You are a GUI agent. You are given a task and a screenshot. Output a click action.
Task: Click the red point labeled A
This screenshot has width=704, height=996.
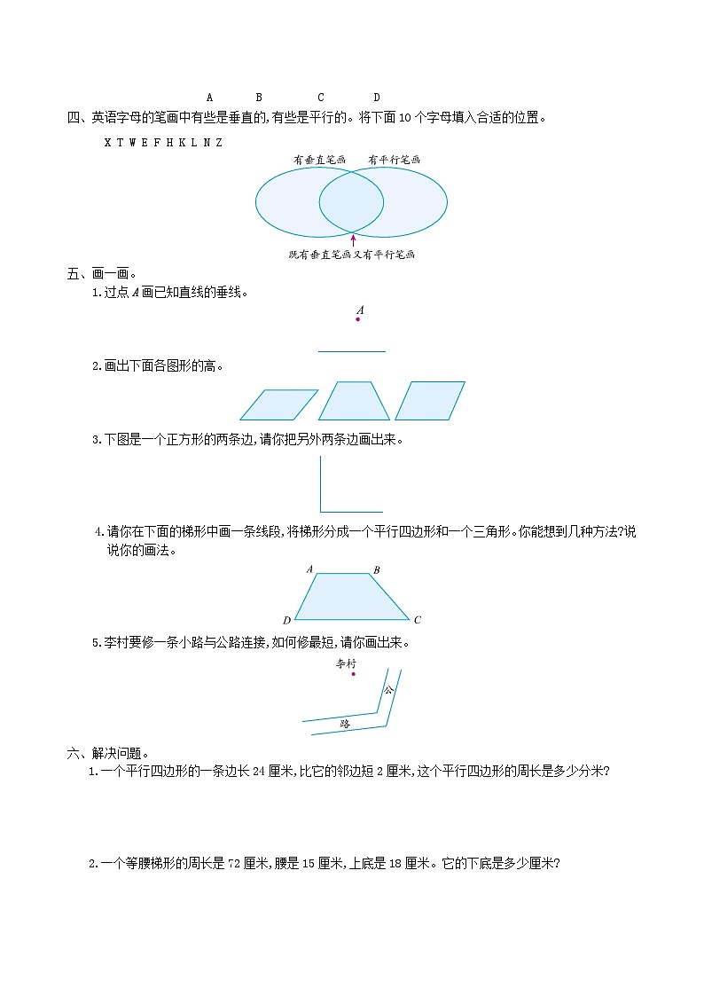pyautogui.click(x=358, y=319)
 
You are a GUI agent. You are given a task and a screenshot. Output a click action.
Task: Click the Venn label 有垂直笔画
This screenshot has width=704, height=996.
pyautogui.click(x=318, y=161)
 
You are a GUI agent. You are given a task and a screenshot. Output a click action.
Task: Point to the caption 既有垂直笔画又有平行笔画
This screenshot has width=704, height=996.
pyautogui.click(x=352, y=255)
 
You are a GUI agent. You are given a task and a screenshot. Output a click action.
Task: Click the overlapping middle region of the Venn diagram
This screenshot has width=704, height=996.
pyautogui.click(x=351, y=202)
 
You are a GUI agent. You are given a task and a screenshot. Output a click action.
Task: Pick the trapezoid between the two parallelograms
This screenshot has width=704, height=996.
pyautogui.click(x=354, y=401)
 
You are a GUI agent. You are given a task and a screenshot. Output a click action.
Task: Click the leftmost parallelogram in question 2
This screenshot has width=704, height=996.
pyautogui.click(x=278, y=404)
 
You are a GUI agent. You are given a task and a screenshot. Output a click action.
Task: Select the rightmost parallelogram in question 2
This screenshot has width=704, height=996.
pyautogui.click(x=430, y=401)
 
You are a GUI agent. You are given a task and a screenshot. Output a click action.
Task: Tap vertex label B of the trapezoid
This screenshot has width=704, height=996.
pyautogui.click(x=377, y=569)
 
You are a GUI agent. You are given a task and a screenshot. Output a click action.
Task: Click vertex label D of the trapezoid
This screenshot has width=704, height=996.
pyautogui.click(x=286, y=620)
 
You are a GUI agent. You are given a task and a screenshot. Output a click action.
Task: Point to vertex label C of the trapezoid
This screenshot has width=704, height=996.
pyautogui.click(x=418, y=620)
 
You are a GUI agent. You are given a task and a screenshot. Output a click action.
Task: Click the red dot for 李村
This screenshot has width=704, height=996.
pyautogui.click(x=353, y=674)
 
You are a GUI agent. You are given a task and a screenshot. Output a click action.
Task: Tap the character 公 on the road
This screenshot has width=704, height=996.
pyautogui.click(x=387, y=689)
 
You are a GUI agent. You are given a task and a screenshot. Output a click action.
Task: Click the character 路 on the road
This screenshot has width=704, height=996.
pyautogui.click(x=345, y=724)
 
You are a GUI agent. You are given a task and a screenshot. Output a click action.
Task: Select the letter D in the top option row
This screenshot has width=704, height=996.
pyautogui.click(x=376, y=98)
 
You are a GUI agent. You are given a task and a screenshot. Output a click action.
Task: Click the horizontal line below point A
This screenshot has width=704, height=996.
pyautogui.click(x=352, y=351)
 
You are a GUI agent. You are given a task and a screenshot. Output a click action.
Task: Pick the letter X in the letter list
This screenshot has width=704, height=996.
pyautogui.click(x=107, y=142)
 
